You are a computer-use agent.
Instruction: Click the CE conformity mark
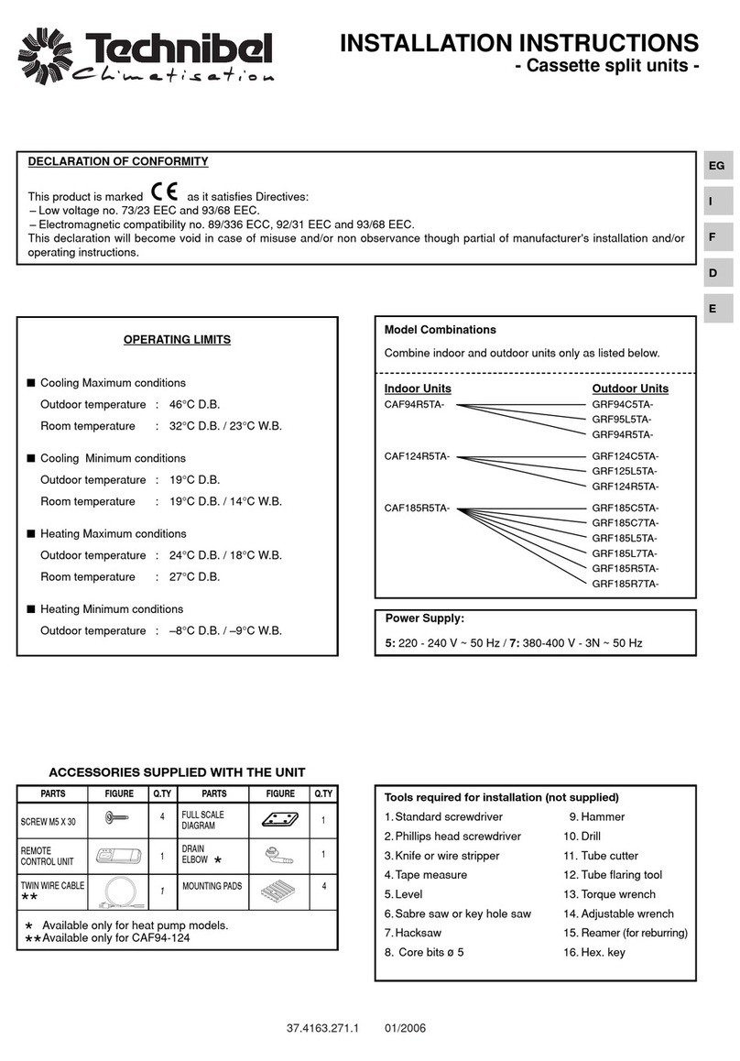[x=165, y=194]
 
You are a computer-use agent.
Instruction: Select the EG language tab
[x=716, y=166]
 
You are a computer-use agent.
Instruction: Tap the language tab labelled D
[x=713, y=273]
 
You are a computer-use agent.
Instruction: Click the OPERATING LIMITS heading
[x=177, y=340]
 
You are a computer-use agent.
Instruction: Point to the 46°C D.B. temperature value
[x=195, y=405]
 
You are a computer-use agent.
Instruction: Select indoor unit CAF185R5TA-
[x=418, y=508]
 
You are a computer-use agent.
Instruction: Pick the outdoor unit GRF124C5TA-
[x=626, y=456]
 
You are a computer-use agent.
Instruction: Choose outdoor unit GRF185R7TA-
[x=626, y=584]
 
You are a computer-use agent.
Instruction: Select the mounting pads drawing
[x=279, y=890]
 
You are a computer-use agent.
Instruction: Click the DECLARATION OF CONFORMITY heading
[x=118, y=162]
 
